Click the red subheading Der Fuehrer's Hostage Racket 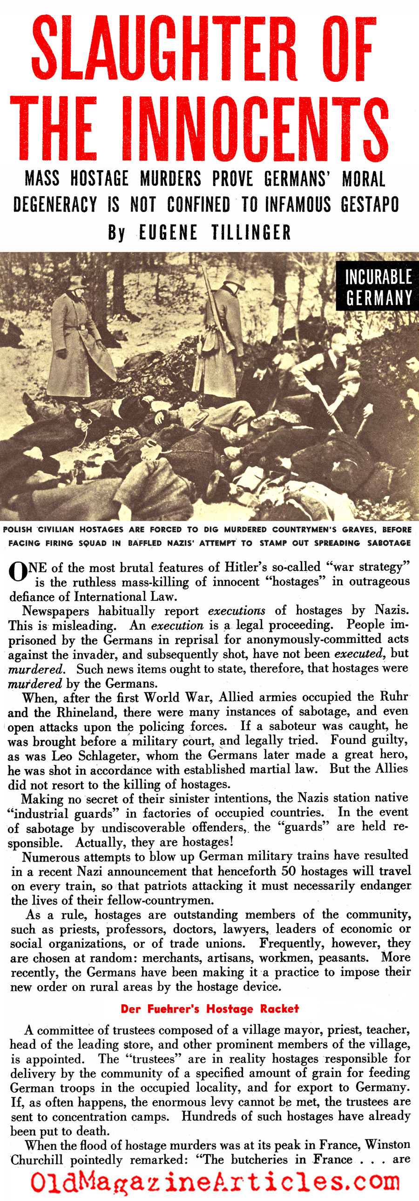point(209,1009)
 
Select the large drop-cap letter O point(18,572)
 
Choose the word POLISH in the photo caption point(17,530)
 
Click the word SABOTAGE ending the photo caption point(389,543)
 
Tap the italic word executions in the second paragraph point(237,611)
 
